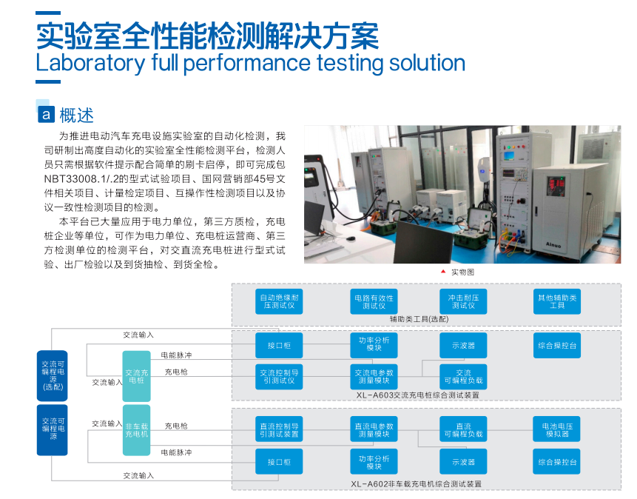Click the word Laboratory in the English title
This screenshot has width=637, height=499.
[90, 63]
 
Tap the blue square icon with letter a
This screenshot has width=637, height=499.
[46, 115]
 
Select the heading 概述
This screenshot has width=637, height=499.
[76, 115]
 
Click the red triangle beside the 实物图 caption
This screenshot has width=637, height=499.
[443, 272]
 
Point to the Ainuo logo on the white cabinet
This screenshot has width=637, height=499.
[553, 245]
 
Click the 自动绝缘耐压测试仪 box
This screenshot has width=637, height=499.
[279, 301]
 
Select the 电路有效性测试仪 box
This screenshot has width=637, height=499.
[374, 301]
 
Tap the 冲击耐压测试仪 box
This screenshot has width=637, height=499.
[463, 301]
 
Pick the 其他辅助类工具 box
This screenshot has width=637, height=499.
[557, 301]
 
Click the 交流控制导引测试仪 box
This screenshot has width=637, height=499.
[279, 377]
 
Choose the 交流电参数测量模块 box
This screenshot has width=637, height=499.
[374, 377]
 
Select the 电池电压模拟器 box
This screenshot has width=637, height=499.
[556, 429]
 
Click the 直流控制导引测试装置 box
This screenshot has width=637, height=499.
[279, 429]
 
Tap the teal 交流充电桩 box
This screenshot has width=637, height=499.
[136, 376]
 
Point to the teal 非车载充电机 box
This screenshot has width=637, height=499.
[136, 430]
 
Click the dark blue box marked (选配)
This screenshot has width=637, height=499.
[53, 376]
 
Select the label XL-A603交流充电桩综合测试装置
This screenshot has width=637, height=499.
[417, 395]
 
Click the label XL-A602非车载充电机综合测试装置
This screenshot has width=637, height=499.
[416, 484]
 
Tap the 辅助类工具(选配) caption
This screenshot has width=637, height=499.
[419, 319]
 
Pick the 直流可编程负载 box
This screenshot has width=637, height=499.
[463, 429]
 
